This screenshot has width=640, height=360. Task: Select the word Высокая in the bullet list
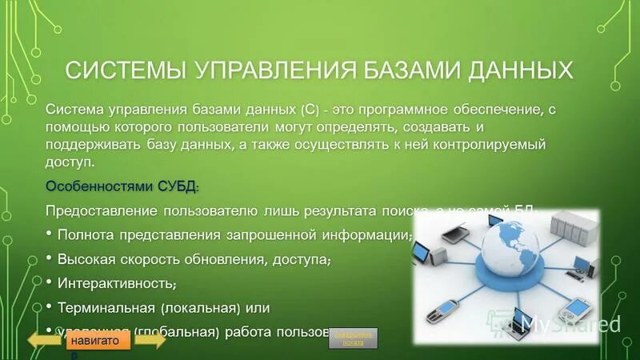[x=86, y=259]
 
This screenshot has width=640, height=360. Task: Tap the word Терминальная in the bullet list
[x=105, y=307]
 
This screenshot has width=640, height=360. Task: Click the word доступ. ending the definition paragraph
[x=70, y=162]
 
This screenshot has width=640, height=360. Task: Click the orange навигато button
[x=96, y=340]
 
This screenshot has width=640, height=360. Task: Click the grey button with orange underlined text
[x=353, y=337]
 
